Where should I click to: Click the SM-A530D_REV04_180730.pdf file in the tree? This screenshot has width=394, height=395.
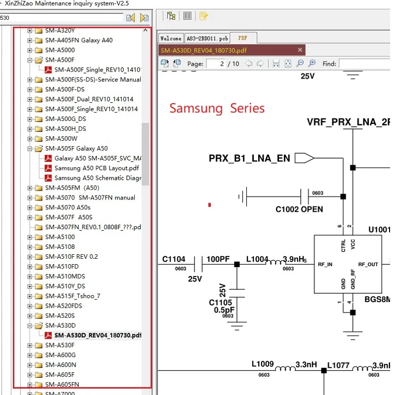(x=98, y=335)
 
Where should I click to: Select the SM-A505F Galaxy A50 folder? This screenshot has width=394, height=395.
(x=76, y=148)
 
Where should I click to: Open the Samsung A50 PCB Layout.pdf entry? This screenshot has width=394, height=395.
(x=97, y=168)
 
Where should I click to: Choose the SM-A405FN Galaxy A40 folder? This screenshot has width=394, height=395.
(x=79, y=40)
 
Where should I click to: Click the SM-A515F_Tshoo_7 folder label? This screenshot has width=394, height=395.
(x=73, y=296)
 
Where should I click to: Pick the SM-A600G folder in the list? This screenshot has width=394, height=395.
(x=60, y=355)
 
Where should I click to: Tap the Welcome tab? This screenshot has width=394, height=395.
(x=171, y=39)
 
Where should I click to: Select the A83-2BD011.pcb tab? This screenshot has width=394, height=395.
(x=207, y=39)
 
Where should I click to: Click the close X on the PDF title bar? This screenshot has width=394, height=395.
(x=300, y=50)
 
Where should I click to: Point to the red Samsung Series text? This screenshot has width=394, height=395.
(x=217, y=108)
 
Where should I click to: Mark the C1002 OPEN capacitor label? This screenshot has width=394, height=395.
(x=299, y=209)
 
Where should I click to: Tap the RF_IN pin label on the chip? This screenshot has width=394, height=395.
(x=325, y=265)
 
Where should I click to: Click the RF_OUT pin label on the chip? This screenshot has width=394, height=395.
(x=368, y=265)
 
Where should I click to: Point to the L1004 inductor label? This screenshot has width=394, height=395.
(x=257, y=259)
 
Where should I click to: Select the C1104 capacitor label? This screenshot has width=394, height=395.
(x=174, y=259)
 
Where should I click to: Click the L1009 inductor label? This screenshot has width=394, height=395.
(x=262, y=364)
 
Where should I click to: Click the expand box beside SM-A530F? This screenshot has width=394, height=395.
(x=30, y=345)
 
